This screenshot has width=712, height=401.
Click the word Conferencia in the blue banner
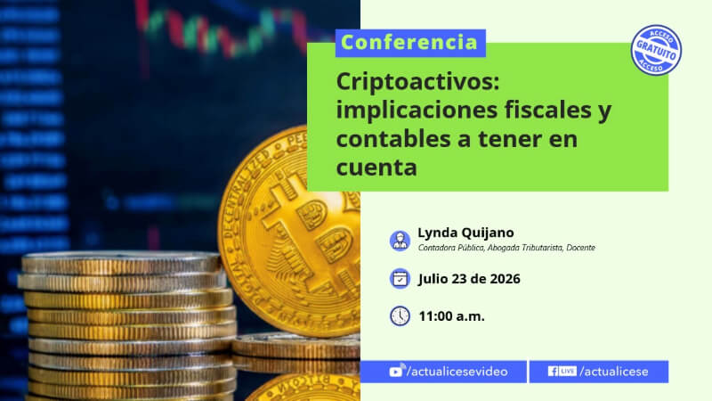409,42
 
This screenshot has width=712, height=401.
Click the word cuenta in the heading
376,168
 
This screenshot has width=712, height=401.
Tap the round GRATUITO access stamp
656,50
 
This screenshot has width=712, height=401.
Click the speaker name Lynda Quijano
465,233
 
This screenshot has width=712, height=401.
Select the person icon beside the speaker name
400,240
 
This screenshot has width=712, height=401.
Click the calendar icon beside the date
400,278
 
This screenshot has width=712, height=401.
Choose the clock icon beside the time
400,316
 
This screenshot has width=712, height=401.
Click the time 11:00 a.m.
451,316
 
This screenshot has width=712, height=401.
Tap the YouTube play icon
396,371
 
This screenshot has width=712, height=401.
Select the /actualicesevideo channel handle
457,372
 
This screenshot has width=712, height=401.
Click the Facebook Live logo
562,371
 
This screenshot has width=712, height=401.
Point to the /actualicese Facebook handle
614,372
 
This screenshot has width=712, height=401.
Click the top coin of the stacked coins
122,263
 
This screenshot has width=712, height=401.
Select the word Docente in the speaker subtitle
580,248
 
